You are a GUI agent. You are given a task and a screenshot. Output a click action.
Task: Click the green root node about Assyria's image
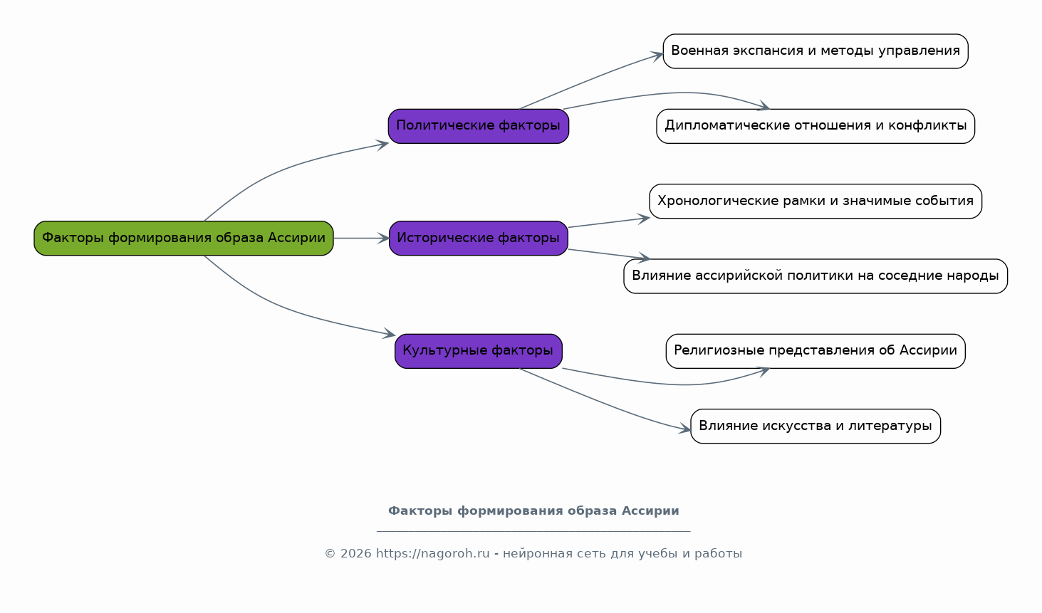pyautogui.click(x=184, y=238)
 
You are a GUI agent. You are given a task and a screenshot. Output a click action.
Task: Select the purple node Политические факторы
pyautogui.click(x=479, y=126)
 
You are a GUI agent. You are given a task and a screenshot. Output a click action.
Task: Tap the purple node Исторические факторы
pyautogui.click(x=479, y=238)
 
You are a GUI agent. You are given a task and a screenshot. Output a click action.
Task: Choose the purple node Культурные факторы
pyautogui.click(x=479, y=351)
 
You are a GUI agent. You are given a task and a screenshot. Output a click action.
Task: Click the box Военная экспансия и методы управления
pyautogui.click(x=816, y=51)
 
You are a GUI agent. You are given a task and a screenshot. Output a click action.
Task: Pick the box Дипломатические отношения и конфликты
pyautogui.click(x=816, y=126)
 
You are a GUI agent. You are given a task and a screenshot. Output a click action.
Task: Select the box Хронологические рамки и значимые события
pyautogui.click(x=816, y=201)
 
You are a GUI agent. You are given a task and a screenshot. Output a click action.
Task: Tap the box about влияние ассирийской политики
pyautogui.click(x=816, y=276)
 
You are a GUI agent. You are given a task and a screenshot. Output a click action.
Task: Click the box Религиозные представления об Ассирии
pyautogui.click(x=816, y=351)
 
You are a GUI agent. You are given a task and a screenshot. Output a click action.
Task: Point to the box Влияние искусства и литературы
pyautogui.click(x=816, y=426)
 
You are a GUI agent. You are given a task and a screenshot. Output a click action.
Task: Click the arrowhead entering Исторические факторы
pyautogui.click(x=384, y=238)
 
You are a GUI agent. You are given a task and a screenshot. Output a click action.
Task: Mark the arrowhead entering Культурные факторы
pyautogui.click(x=389, y=333)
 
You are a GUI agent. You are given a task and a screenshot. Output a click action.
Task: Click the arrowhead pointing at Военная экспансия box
pyautogui.click(x=657, y=56)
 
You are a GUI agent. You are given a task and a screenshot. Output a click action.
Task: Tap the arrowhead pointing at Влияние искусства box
pyautogui.click(x=684, y=429)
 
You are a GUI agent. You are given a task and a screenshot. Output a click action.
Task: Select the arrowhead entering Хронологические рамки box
pyautogui.click(x=643, y=219)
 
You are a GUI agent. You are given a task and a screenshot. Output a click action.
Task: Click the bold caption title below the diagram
pyautogui.click(x=533, y=510)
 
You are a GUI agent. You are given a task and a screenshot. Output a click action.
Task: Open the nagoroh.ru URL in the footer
pyautogui.click(x=432, y=553)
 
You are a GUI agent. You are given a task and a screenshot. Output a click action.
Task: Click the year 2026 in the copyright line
pyautogui.click(x=356, y=553)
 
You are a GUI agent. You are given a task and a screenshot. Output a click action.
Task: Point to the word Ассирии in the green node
pyautogui.click(x=296, y=238)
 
